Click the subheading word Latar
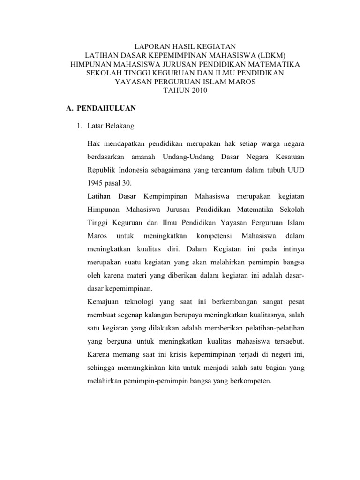tap(95, 126)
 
